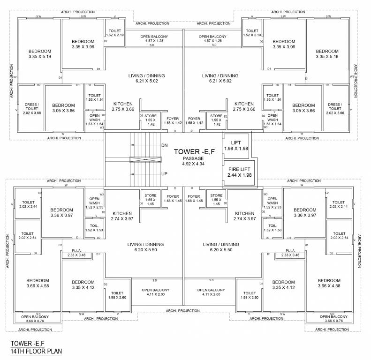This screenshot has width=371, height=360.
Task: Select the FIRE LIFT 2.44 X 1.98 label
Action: click(x=239, y=172)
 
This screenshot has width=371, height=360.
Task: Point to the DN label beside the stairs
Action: click(x=165, y=145)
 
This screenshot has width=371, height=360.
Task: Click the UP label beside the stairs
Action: click(x=165, y=173)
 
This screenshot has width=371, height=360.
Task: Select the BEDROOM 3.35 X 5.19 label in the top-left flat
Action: click(x=39, y=54)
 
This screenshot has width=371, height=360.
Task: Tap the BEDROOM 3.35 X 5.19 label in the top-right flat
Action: click(x=327, y=54)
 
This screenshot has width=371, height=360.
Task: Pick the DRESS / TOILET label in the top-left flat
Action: click(x=32, y=108)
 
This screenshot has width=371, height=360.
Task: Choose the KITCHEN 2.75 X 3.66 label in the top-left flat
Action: click(x=123, y=106)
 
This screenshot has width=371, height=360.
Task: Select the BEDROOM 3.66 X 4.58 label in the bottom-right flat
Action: click(x=326, y=283)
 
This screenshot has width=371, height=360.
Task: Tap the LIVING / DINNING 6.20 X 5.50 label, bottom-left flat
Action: click(x=146, y=247)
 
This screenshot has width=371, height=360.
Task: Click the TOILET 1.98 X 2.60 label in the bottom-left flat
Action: click(x=117, y=295)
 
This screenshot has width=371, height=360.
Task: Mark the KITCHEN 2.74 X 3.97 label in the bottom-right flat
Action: click(x=244, y=216)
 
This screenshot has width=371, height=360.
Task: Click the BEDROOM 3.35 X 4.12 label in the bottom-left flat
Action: click(x=83, y=285)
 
